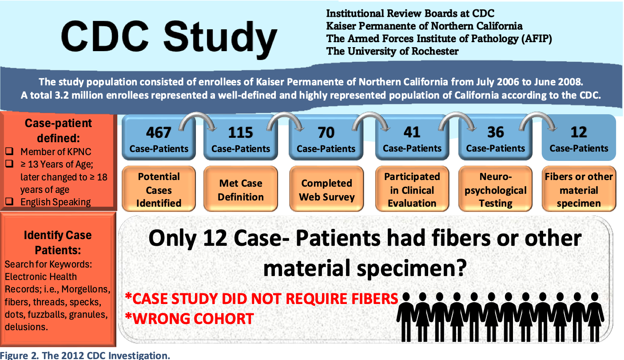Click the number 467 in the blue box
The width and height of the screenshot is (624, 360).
click(x=159, y=132)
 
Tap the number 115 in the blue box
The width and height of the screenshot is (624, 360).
click(x=240, y=132)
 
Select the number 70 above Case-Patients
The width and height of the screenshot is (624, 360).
click(x=326, y=132)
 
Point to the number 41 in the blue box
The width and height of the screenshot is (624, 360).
click(x=412, y=132)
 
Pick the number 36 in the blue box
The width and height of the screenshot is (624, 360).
click(x=496, y=132)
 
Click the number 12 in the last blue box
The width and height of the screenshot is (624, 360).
click(x=579, y=132)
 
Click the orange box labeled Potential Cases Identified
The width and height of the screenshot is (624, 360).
click(x=159, y=189)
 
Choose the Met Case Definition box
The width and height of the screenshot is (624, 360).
click(x=241, y=189)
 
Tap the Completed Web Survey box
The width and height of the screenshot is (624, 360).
click(x=326, y=189)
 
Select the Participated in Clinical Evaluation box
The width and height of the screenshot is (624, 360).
click(x=412, y=189)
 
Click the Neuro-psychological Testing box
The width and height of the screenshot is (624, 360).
click(x=496, y=189)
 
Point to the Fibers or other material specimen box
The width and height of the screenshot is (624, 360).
click(x=579, y=189)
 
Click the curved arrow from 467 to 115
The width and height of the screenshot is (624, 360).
click(x=197, y=114)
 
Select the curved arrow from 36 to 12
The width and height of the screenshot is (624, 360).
click(x=538, y=114)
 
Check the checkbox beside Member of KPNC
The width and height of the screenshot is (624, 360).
click(x=9, y=151)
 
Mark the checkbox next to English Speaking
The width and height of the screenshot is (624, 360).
click(x=9, y=201)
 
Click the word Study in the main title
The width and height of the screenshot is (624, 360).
click(x=220, y=38)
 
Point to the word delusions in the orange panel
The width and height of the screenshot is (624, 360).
click(x=26, y=327)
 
